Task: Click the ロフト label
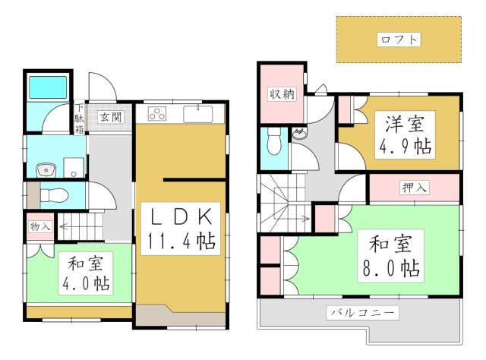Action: click(399, 40)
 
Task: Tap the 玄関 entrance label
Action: click(110, 118)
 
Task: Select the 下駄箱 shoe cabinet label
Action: click(79, 118)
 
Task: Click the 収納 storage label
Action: click(280, 94)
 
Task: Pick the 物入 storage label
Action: click(39, 226)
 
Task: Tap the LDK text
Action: click(180, 215)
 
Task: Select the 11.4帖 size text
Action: click(180, 242)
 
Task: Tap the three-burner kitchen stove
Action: click(158, 115)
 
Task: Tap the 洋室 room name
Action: click(400, 122)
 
